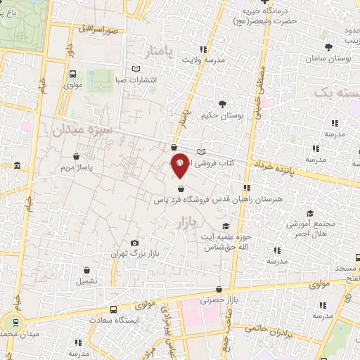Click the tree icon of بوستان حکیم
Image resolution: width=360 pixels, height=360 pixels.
click(x=222, y=104)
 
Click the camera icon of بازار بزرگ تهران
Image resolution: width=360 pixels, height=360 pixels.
click(x=135, y=242)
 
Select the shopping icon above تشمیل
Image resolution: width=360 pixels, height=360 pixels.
click(x=86, y=271)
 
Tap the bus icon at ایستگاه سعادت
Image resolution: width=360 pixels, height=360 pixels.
click(x=114, y=309)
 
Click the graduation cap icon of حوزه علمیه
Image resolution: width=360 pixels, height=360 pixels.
click(x=225, y=226)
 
